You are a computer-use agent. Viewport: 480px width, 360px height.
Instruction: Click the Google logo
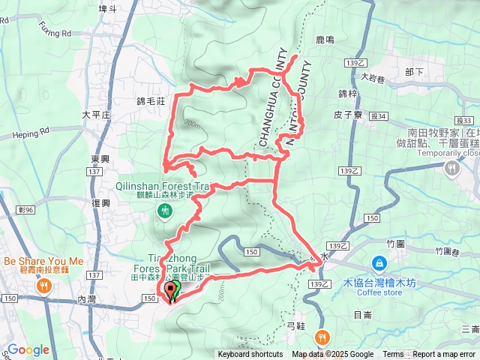pyautogui.click(x=28, y=349)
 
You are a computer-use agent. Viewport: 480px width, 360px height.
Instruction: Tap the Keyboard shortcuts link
pyautogui.click(x=250, y=355)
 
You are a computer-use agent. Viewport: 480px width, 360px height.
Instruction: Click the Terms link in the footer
pyautogui.click(x=393, y=355)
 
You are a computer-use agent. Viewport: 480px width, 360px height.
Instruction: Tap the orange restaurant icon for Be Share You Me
pyautogui.click(x=44, y=285)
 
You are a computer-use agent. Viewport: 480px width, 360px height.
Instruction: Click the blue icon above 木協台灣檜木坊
pyautogui.click(x=379, y=264)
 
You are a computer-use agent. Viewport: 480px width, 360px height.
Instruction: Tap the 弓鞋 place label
pyautogui.click(x=296, y=327)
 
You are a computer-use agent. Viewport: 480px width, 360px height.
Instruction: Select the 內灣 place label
pyautogui.click(x=87, y=298)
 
